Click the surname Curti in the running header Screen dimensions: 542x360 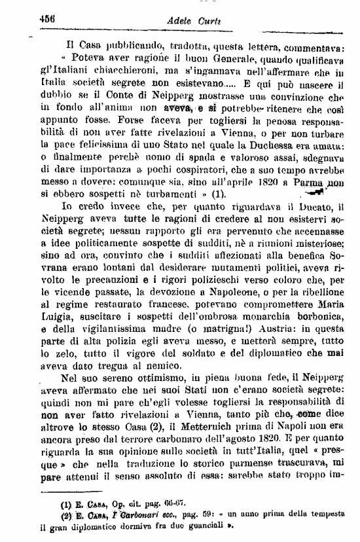(x=201, y=22)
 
